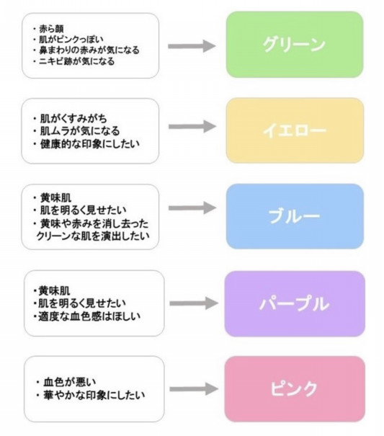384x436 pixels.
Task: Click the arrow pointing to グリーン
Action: tap(192, 46)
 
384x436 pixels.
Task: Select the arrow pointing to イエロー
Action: tap(192, 127)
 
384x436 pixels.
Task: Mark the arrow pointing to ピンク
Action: tap(192, 387)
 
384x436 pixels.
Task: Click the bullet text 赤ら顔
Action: tap(50, 28)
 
